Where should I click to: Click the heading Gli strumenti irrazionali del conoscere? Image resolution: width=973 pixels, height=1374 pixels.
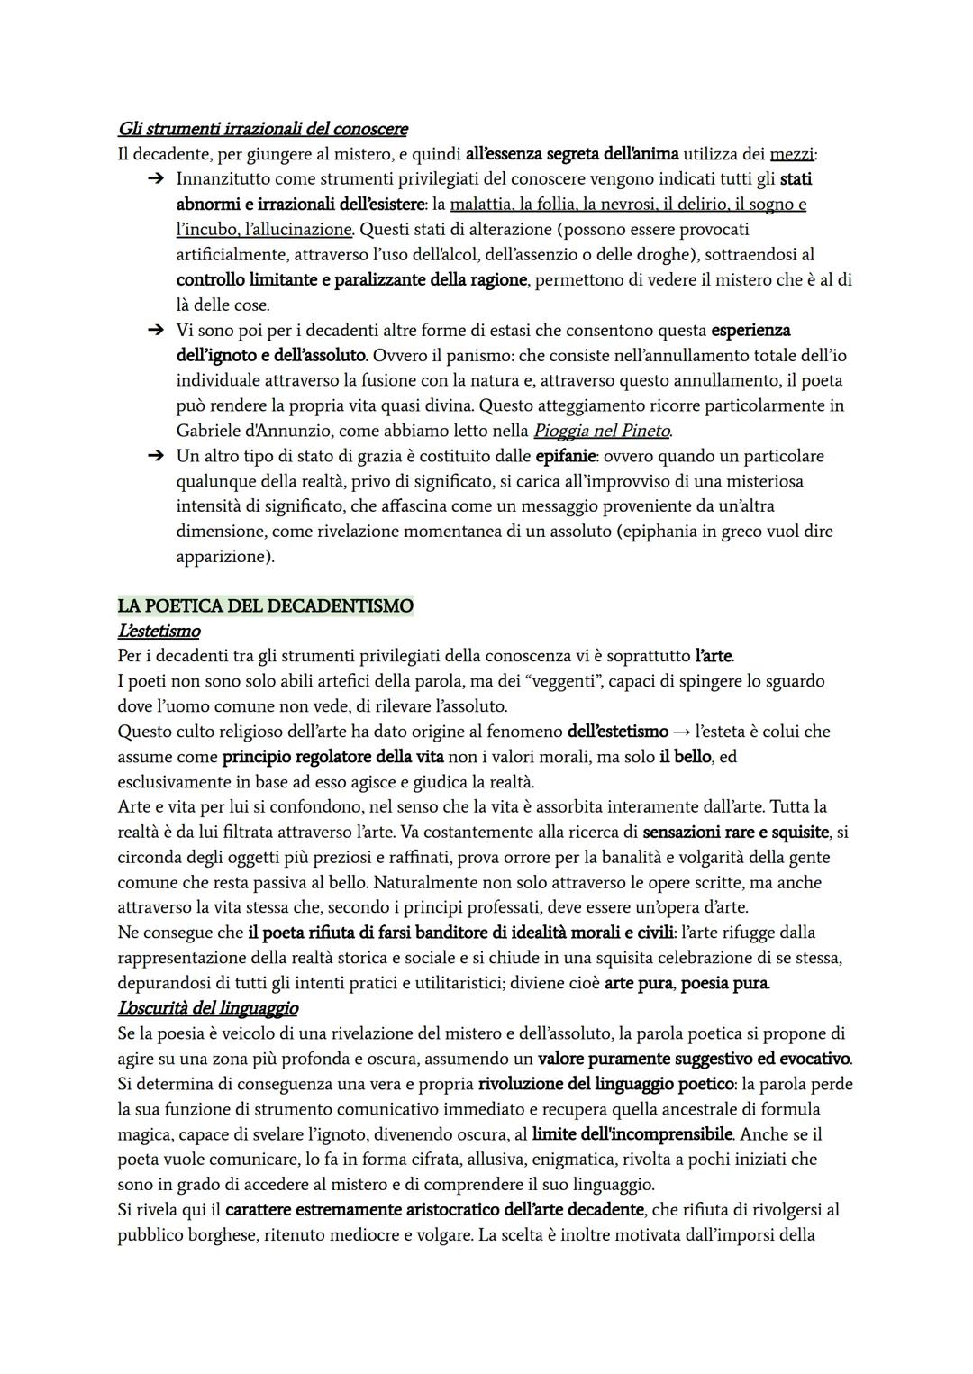262,129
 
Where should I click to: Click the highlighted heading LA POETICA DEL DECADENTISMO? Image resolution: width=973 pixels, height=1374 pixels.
265,605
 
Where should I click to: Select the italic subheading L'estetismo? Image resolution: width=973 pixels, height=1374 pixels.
159,631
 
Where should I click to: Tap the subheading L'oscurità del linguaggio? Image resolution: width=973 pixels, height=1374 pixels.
207,1007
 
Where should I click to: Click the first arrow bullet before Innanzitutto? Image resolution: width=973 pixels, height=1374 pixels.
155,179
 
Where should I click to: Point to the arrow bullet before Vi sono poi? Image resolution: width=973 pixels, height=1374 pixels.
155,331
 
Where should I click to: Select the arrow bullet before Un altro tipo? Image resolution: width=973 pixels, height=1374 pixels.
155,456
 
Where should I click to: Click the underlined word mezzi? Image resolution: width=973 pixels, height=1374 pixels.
792,154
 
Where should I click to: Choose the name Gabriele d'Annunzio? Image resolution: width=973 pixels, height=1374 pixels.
248,431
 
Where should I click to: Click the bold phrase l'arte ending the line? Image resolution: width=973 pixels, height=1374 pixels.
714,656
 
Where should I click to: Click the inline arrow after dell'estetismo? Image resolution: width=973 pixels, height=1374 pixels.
681,732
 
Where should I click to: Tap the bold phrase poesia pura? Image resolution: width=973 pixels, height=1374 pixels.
724,983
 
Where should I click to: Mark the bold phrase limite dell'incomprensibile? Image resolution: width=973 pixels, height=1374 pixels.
632,1134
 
